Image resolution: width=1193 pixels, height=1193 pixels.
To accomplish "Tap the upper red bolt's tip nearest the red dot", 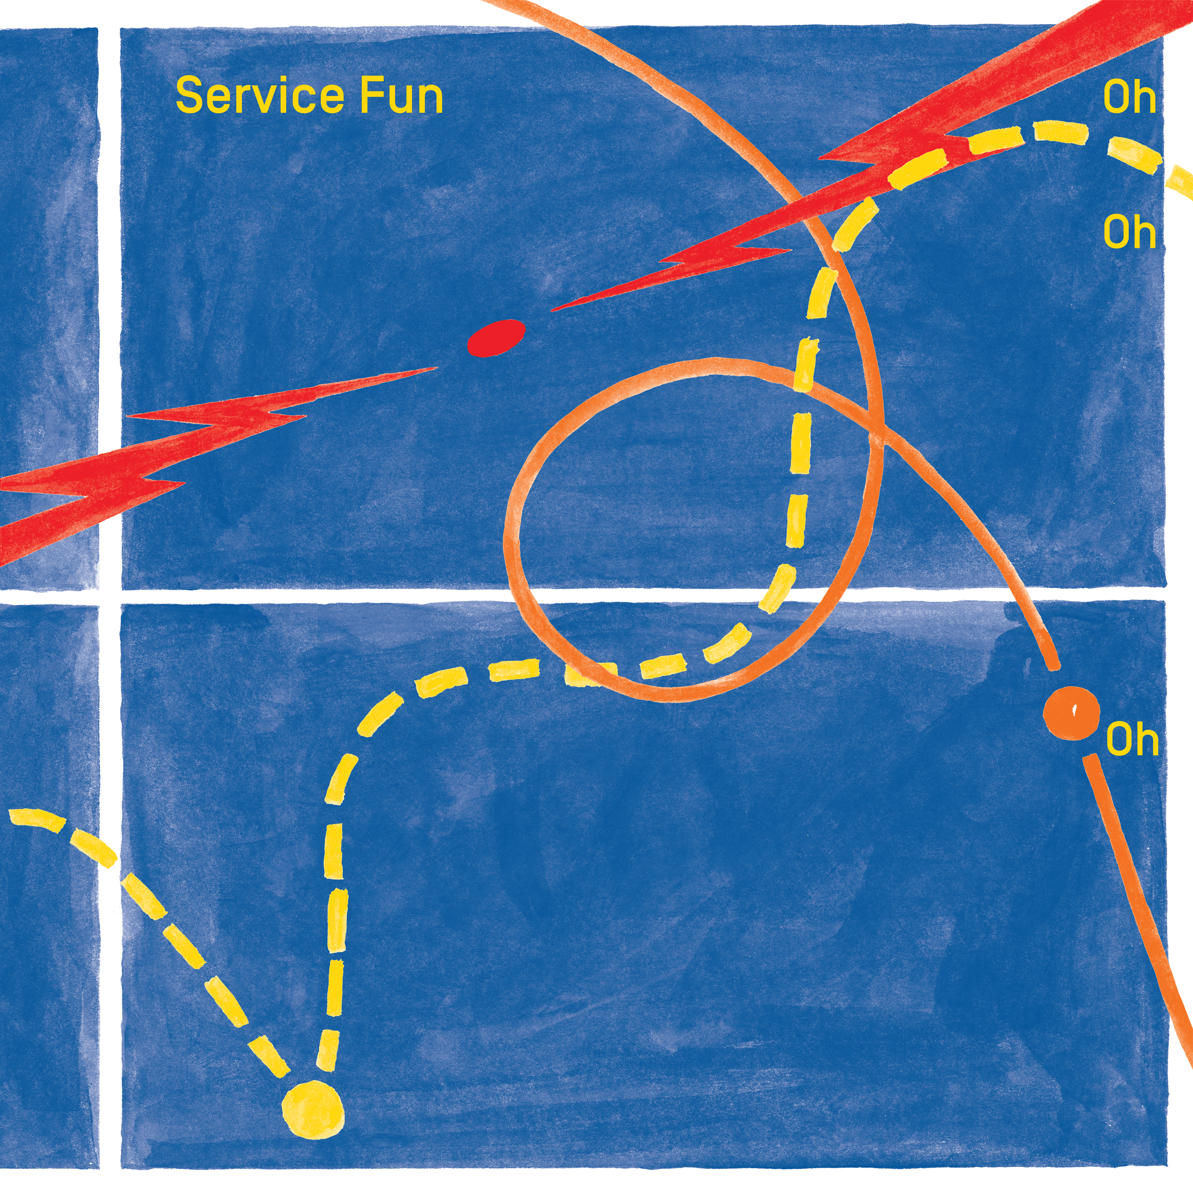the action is click(553, 309).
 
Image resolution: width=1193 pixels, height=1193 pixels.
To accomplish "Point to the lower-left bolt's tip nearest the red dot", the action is click(436, 368).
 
